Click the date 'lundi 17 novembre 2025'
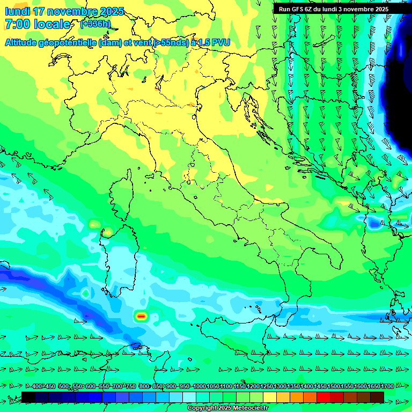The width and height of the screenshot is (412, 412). [64, 11]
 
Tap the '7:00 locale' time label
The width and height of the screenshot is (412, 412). [38, 24]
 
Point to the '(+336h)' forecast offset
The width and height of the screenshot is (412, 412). [95, 24]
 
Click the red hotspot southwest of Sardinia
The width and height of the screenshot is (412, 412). [141, 316]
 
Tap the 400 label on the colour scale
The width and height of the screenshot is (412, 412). [37, 387]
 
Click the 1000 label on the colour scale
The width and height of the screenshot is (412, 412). [198, 387]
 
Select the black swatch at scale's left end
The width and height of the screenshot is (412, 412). [28, 397]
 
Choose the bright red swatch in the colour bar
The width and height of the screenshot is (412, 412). [323, 397]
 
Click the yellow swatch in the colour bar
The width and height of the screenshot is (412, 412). [269, 397]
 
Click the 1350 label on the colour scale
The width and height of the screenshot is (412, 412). [293, 387]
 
